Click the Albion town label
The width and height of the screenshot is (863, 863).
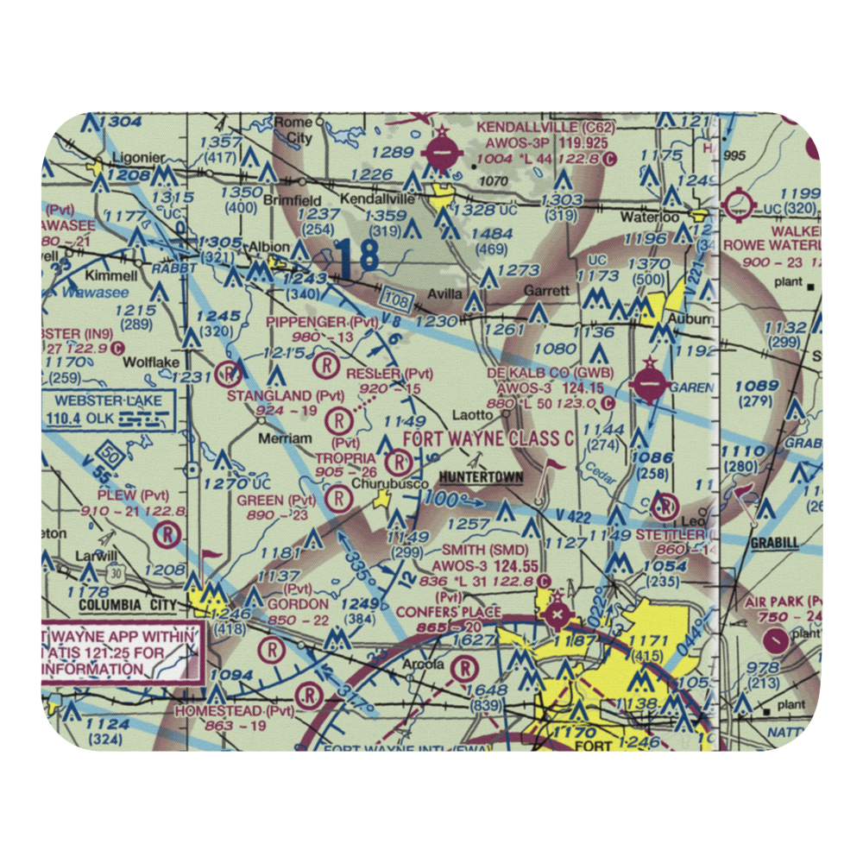pos(269,248)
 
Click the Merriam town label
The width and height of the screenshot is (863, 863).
pos(285,438)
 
